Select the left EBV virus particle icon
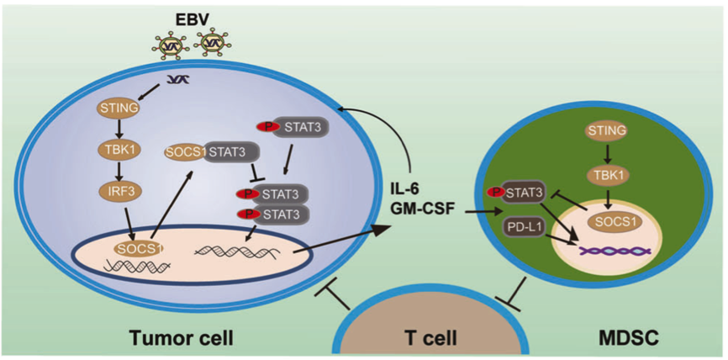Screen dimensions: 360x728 click(x=172, y=42)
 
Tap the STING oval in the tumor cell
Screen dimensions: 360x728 click(x=117, y=108)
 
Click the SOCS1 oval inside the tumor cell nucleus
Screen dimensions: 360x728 click(x=138, y=249)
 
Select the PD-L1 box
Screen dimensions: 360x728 click(x=525, y=227)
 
